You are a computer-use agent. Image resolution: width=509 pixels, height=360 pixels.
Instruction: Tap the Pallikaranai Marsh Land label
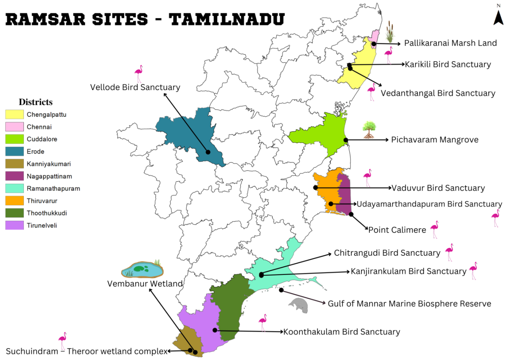[x=450, y=43]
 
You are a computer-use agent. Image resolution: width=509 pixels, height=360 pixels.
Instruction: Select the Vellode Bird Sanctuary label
[x=135, y=87]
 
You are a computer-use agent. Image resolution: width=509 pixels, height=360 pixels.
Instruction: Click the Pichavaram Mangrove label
[x=429, y=140]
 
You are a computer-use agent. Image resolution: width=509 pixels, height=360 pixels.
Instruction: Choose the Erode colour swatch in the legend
[x=14, y=151]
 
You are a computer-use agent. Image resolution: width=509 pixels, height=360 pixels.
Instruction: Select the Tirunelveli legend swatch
[x=14, y=225]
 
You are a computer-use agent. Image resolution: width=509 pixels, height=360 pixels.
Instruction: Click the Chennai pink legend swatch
[x=14, y=127]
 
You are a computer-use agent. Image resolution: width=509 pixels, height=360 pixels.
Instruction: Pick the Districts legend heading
[x=36, y=102]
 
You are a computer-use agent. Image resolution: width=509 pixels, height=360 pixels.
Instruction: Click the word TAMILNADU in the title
[x=226, y=18]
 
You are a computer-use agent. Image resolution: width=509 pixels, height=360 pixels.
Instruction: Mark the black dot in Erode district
[x=208, y=152]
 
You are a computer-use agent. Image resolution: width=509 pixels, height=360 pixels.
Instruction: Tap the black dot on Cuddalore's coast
[x=346, y=140]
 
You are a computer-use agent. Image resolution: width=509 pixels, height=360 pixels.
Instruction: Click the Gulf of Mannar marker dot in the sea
[x=281, y=290]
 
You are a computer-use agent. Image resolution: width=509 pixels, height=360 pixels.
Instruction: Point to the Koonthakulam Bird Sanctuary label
[x=342, y=332]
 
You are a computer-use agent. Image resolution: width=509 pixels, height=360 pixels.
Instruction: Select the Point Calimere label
[x=397, y=230]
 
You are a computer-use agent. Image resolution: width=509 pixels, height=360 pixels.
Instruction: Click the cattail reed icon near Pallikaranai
[x=389, y=32]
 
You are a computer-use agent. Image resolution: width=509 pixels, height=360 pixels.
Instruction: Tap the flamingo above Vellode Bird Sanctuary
[x=138, y=74]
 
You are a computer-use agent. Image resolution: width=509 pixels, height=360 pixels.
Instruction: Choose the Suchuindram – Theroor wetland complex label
[x=87, y=351]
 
